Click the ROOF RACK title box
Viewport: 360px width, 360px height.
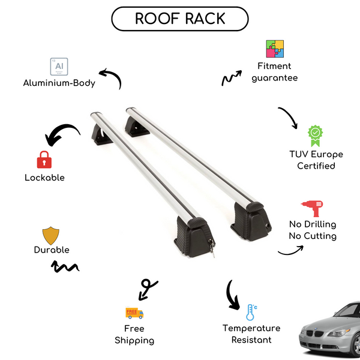pyautogui.click(x=179, y=19)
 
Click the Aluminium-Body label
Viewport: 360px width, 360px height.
pyautogui.click(x=59, y=83)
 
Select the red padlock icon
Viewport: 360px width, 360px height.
pyautogui.click(x=44, y=159)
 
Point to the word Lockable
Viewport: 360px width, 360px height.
pyautogui.click(x=44, y=178)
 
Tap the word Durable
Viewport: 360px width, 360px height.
pyautogui.click(x=52, y=250)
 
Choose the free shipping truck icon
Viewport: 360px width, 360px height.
pyautogui.click(x=134, y=313)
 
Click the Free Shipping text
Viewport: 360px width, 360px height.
pyautogui.click(x=134, y=335)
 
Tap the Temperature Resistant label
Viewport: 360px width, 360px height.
pyautogui.click(x=251, y=334)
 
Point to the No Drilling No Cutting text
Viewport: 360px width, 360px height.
pyautogui.click(x=312, y=230)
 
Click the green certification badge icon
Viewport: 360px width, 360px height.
pyautogui.click(x=316, y=136)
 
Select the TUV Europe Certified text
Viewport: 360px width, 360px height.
pyautogui.click(x=316, y=160)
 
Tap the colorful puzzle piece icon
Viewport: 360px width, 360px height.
pyautogui.click(x=275, y=49)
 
